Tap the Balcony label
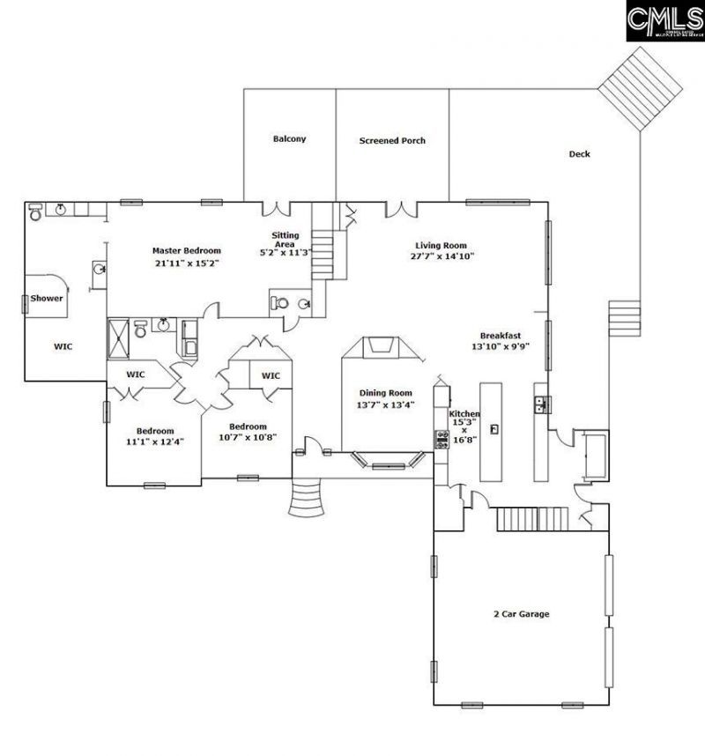pos(289,139)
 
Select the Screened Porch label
pos(392,140)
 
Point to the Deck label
pos(579,154)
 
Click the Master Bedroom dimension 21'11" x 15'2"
pos(186,263)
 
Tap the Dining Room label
pos(385,393)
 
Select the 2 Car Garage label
pos(520,613)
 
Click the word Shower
pos(47,298)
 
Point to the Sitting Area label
pos(286,240)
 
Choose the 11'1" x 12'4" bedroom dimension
pos(154,418)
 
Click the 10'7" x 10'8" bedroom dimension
pos(248,437)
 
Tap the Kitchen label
pos(464,414)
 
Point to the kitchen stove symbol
pos(440,438)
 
